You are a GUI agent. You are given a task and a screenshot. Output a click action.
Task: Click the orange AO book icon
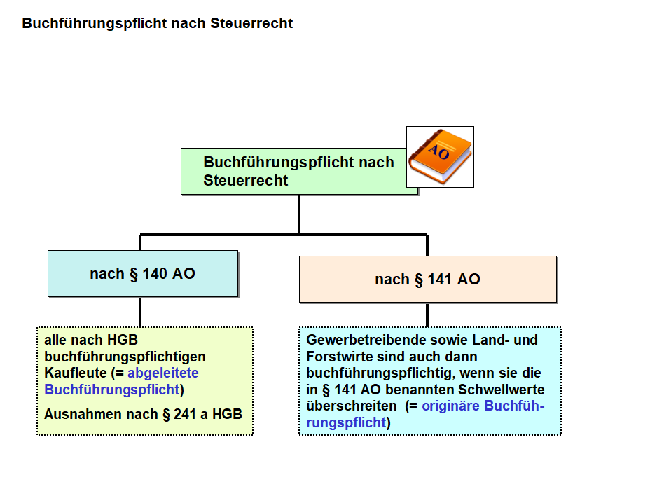[440, 156]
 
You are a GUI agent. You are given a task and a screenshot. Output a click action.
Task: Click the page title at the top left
[157, 23]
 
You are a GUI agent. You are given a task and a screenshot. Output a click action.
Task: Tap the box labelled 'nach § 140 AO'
[142, 273]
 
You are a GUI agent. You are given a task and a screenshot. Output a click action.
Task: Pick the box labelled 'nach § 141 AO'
[427, 280]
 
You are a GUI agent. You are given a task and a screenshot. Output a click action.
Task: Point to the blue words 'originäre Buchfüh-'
[483, 406]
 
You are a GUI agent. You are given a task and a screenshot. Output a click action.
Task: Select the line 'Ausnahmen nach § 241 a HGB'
[143, 414]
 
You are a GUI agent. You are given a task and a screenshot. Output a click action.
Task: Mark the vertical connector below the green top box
[299, 214]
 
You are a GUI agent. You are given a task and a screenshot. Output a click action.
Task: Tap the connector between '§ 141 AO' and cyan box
[427, 315]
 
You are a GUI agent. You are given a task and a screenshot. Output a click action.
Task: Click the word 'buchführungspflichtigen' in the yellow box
[125, 357]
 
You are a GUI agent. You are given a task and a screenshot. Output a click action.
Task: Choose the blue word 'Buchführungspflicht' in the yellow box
[111, 390]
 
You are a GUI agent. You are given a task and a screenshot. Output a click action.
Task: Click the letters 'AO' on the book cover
[438, 153]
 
